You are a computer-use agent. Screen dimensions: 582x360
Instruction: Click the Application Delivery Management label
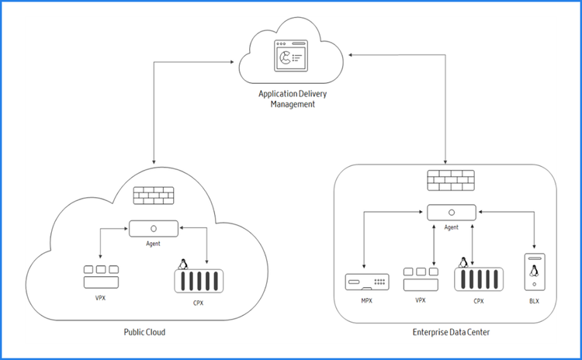tap(293, 99)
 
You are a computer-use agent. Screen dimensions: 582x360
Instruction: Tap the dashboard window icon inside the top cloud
tap(291, 56)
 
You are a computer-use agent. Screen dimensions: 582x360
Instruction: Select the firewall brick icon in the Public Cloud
tap(154, 196)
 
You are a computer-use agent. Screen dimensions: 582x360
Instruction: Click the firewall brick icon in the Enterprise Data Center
tap(451, 180)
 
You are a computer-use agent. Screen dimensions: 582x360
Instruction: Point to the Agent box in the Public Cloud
tap(154, 229)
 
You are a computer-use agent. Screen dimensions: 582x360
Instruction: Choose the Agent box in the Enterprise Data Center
tap(452, 213)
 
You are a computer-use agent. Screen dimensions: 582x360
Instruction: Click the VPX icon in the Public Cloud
tap(101, 277)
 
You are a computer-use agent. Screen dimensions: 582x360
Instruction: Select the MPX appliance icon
tap(367, 282)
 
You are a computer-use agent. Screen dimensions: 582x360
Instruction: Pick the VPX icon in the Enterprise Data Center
tap(421, 279)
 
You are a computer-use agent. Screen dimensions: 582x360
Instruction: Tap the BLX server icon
tap(535, 272)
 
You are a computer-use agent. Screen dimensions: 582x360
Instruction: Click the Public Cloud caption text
tap(144, 332)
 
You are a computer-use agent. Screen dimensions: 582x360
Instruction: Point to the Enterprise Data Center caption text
tap(451, 332)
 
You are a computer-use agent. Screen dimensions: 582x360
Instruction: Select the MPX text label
tap(367, 300)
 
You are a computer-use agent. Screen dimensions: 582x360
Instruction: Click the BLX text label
tap(534, 301)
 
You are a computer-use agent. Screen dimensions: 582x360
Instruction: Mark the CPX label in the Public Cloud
tap(198, 303)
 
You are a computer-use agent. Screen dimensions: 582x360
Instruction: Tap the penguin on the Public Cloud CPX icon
tap(182, 265)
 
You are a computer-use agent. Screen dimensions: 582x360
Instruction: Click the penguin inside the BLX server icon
tap(534, 271)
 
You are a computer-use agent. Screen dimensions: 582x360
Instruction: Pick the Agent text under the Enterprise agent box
tap(452, 227)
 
